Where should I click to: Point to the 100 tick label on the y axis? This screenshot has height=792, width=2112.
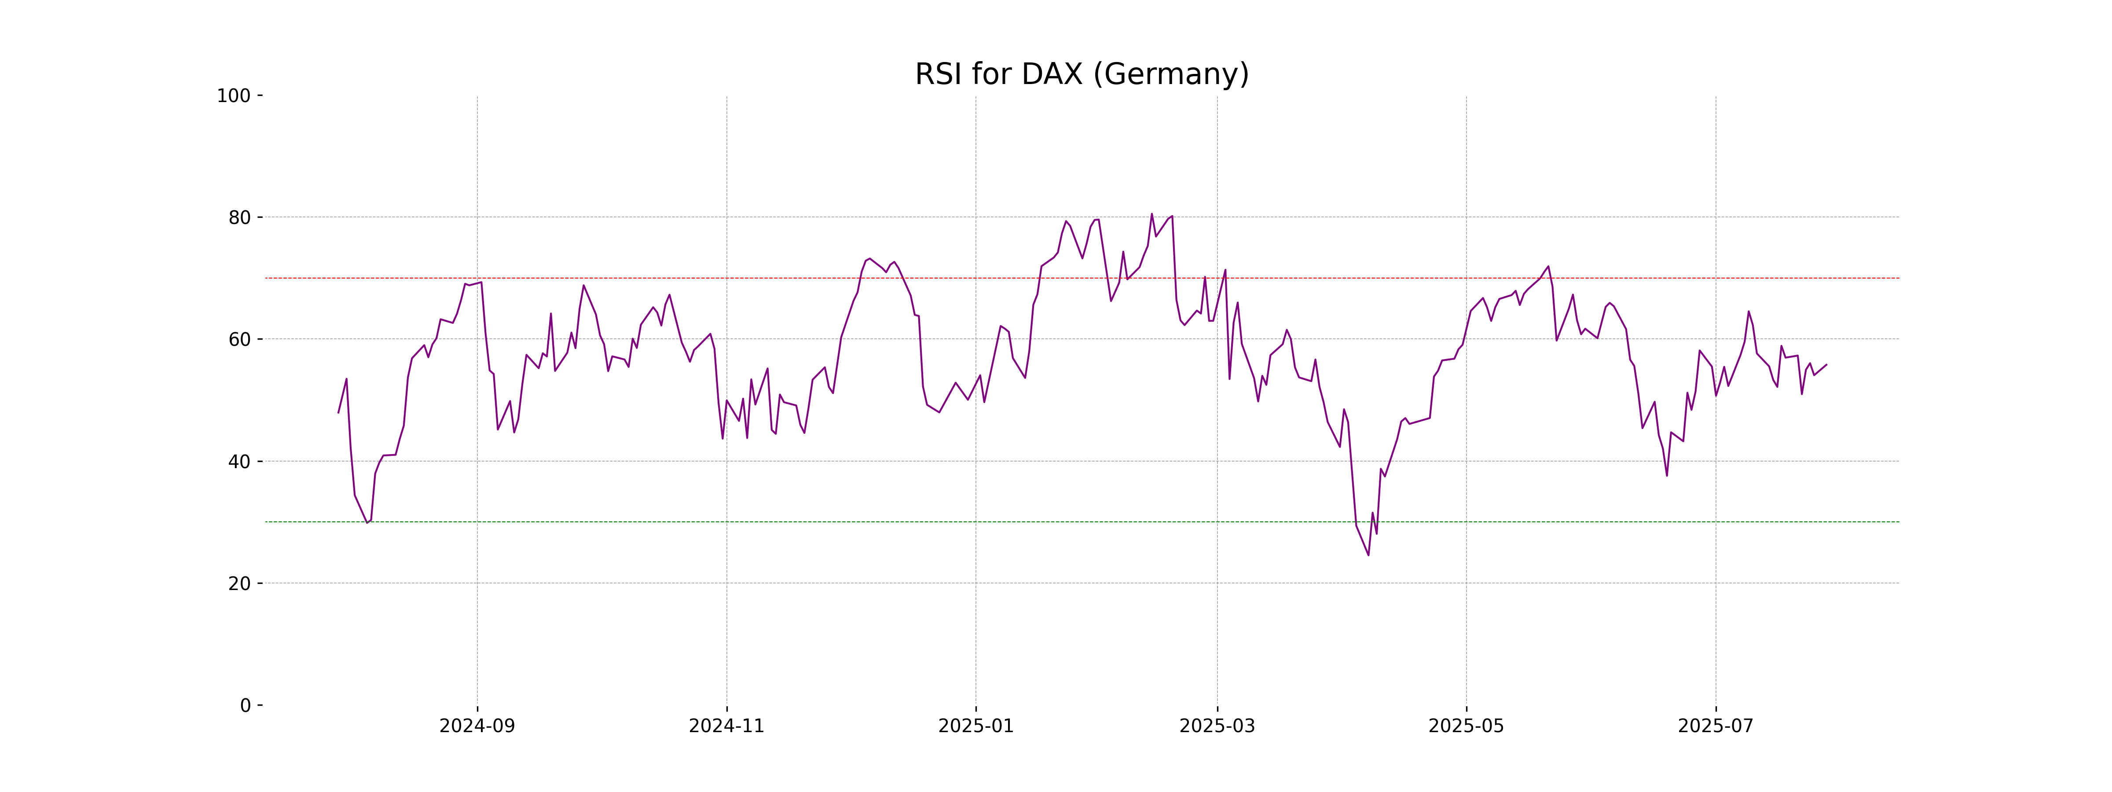click(234, 96)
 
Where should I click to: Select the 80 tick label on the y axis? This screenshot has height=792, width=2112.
click(239, 218)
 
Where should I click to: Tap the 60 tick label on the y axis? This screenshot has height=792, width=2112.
click(239, 339)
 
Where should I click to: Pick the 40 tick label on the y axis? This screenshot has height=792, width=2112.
click(239, 462)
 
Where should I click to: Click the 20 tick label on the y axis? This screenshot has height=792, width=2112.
click(239, 584)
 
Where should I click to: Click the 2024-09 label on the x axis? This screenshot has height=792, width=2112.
click(477, 726)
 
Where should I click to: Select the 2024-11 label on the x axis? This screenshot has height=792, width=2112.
click(726, 726)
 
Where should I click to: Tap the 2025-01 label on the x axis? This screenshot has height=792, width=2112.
click(975, 726)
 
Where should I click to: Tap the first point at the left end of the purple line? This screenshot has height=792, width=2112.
click(339, 412)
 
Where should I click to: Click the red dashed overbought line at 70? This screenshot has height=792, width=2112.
click(820, 278)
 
